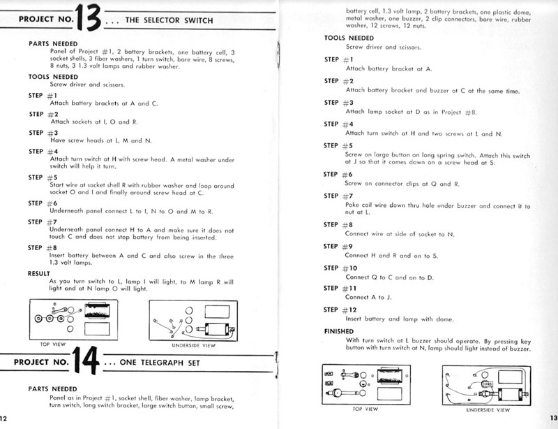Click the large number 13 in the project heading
coord(91,21)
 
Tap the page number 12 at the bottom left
coord(4,420)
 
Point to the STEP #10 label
coord(342,268)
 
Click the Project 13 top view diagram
coord(67,318)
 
